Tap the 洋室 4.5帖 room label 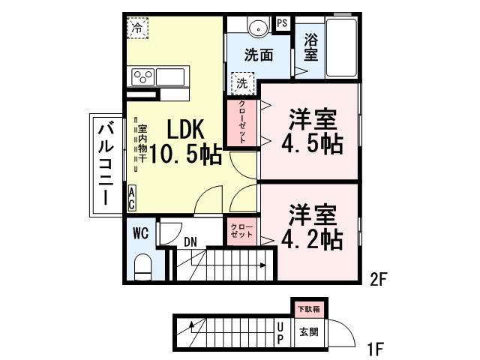point(311,131)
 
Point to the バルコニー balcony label point(105,163)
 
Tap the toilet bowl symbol point(142,267)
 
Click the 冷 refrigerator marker point(137,28)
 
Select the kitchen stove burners point(143,76)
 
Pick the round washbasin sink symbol point(257,28)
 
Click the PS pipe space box point(282,22)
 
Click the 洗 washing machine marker point(242,81)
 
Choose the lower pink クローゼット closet point(241,229)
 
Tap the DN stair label point(191,241)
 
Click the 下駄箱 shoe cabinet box point(306,308)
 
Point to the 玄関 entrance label point(308,331)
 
